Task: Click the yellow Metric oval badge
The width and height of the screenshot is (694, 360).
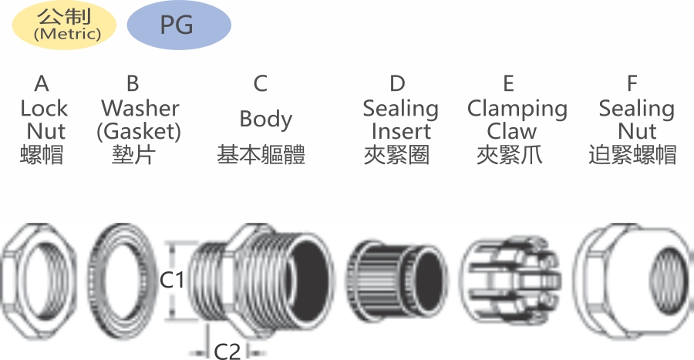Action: pos(64,25)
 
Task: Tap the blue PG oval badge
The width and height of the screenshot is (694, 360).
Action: pos(179,25)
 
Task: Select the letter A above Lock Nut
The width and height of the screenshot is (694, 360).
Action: pos(42,83)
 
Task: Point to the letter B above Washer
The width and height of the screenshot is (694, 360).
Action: pos(133,83)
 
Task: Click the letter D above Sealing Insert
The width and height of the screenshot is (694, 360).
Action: pos(397,83)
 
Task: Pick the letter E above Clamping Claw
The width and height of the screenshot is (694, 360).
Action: pos(509,83)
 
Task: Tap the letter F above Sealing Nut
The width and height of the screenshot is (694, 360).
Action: pos(632,83)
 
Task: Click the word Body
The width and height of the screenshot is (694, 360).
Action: pos(266,119)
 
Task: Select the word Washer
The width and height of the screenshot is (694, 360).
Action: pos(140,109)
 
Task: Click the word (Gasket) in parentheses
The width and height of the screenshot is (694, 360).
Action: pos(139,132)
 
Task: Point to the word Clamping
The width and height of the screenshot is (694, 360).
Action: pos(517,109)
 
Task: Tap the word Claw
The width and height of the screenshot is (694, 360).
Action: pos(512,131)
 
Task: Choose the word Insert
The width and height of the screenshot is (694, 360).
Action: pos(401,131)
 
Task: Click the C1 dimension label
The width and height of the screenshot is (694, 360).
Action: pos(172,280)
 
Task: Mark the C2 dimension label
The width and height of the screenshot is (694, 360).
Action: pos(227,352)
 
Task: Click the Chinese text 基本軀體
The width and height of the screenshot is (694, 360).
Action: pos(261,155)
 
